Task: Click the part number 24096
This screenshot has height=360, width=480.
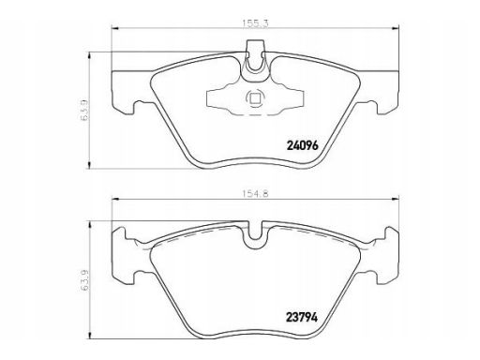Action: (x=302, y=145)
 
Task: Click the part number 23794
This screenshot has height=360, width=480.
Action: (x=302, y=318)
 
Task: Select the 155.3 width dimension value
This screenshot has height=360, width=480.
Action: (x=255, y=23)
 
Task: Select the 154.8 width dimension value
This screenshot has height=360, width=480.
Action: (x=255, y=194)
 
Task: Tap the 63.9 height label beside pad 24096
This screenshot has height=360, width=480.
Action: (x=84, y=111)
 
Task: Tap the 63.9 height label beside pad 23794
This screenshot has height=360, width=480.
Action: (x=84, y=281)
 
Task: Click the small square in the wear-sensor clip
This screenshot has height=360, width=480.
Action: (x=255, y=98)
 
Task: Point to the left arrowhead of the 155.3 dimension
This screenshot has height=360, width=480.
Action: (x=114, y=28)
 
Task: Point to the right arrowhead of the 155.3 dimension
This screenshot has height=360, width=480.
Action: (x=397, y=28)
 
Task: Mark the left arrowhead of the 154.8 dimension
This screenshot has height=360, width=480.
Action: (x=114, y=199)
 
